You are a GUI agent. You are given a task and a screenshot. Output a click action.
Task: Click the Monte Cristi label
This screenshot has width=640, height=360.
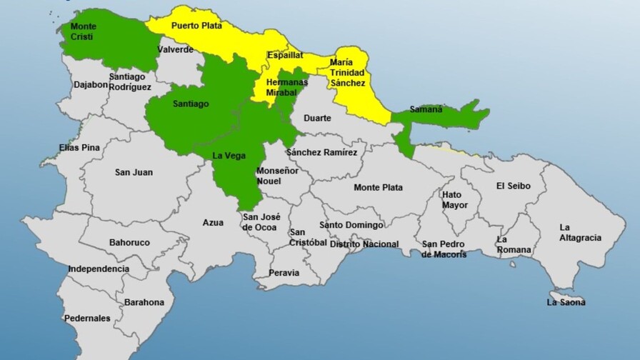[83, 32]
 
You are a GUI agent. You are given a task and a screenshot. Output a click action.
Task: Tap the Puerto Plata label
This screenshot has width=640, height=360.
[196, 26]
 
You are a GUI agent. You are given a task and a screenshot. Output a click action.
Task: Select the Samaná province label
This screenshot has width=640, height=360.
[426, 109]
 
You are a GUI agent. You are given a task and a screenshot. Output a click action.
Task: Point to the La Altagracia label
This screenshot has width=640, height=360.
[580, 233]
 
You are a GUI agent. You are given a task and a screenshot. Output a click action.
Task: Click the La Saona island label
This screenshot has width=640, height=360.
[566, 302]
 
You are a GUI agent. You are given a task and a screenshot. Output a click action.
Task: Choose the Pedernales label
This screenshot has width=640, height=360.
[87, 318]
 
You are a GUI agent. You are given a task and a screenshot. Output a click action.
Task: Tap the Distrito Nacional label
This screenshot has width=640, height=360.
[364, 244]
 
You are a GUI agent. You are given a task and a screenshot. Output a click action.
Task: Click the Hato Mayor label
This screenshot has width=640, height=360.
[455, 200]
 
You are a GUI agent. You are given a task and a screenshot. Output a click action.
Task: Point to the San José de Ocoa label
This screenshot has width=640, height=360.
[261, 222]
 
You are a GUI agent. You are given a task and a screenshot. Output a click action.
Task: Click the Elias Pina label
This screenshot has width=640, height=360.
[79, 148]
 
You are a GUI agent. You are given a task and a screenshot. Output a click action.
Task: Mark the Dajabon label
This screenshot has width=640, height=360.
[91, 84]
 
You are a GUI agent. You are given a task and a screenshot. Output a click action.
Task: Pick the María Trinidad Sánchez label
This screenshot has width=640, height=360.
[347, 73]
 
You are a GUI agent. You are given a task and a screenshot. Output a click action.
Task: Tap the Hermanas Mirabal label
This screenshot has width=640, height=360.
[286, 87]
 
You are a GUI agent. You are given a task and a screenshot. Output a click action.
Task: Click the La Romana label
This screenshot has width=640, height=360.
[514, 245]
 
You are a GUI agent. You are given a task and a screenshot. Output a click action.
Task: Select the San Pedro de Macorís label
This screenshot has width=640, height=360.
[444, 249]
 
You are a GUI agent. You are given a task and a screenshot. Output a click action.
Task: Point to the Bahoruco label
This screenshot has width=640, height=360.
[129, 243]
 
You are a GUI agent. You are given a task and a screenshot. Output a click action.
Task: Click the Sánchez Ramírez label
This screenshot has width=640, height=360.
[321, 152]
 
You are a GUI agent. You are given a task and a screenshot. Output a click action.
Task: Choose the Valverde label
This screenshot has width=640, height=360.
[175, 49]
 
